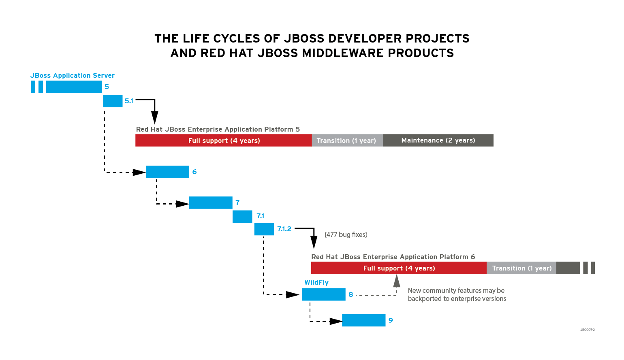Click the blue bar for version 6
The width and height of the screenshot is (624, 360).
point(167,172)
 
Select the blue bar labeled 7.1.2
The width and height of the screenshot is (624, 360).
point(264,229)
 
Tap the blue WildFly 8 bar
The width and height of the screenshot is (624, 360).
point(324,294)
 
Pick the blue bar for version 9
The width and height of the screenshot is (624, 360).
point(363,320)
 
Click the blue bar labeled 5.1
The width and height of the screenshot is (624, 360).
point(113,101)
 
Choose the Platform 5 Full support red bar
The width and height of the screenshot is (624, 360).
point(224,141)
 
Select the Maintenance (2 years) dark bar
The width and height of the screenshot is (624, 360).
point(438,141)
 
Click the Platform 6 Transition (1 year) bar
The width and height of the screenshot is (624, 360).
point(521,268)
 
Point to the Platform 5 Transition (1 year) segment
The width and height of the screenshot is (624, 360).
point(347,141)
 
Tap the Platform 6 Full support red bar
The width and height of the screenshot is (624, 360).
point(399,268)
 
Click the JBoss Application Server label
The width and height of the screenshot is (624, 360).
point(73,75)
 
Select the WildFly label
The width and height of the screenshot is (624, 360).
point(316,282)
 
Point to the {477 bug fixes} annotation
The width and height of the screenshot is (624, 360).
point(346,234)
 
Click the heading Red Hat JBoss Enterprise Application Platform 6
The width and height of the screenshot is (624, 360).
point(393,257)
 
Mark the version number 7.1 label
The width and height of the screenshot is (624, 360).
point(260,216)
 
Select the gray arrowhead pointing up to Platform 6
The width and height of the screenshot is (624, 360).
point(397,281)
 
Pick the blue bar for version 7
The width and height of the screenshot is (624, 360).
point(211,202)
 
